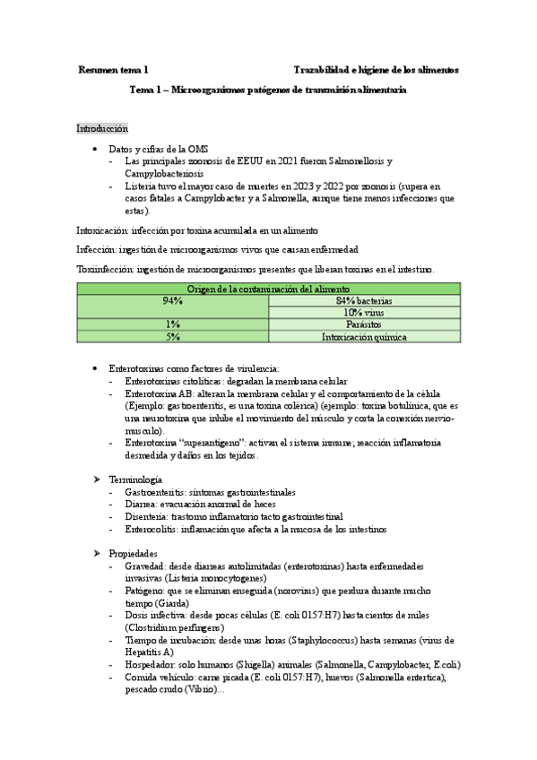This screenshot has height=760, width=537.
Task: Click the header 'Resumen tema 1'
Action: [x=113, y=69]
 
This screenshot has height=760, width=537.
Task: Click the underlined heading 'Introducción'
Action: [x=102, y=129]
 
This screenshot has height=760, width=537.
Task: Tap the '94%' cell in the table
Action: [x=173, y=300]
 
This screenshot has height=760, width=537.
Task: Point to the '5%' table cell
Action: [x=173, y=337]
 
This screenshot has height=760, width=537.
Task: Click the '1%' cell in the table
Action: [x=173, y=324]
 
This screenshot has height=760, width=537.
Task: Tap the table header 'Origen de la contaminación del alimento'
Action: [x=268, y=289]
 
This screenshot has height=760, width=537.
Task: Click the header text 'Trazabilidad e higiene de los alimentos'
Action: [x=376, y=69]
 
